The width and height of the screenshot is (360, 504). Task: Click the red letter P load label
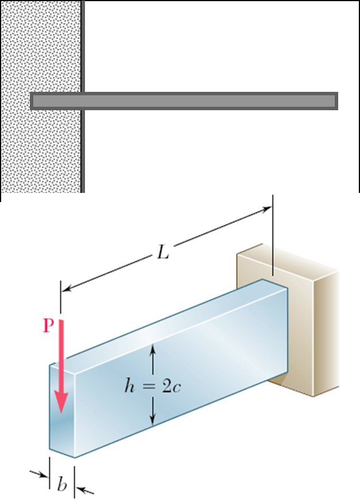pyautogui.click(x=48, y=325)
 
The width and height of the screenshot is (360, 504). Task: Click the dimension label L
pyautogui.click(x=163, y=252)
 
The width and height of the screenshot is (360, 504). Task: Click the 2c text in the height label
pyautogui.click(x=171, y=387)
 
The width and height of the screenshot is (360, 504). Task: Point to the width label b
pyautogui.click(x=63, y=484)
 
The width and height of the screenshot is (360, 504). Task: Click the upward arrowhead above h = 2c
pyautogui.click(x=153, y=350)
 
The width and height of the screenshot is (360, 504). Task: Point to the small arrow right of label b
pyautogui.click(x=85, y=490)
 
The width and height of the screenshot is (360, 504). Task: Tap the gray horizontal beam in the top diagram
pyautogui.click(x=184, y=101)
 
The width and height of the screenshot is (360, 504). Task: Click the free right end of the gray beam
pyautogui.click(x=336, y=101)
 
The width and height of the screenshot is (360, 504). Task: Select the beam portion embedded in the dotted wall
pyautogui.click(x=56, y=101)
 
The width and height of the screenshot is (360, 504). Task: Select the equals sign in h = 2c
pyautogui.click(x=148, y=387)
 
